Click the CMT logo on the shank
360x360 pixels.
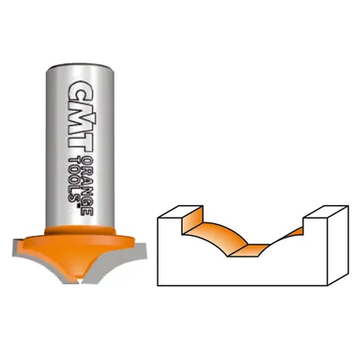pyautogui.click(x=79, y=115)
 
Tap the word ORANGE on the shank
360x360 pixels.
pyautogui.click(x=87, y=185)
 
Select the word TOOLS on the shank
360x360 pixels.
pyautogui.click(x=74, y=178)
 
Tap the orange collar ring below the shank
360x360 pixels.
pyautogui.click(x=80, y=231)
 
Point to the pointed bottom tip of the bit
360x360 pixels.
pyautogui.click(x=80, y=282)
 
